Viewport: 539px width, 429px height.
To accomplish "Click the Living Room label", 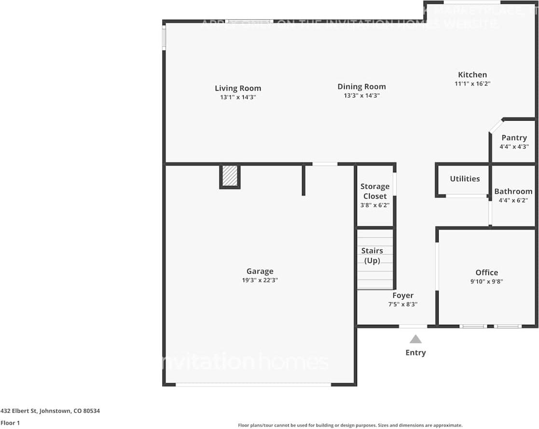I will pos(238,88).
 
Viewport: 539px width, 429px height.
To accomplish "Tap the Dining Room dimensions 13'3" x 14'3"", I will pos(361,96).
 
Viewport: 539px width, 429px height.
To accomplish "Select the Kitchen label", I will pos(472,75).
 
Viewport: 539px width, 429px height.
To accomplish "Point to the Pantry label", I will pos(514,138).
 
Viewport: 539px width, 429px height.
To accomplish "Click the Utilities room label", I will pos(465,179).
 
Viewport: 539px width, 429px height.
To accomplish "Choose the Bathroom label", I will pos(513,192).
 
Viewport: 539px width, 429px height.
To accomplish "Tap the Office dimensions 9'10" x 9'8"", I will pos(486,281).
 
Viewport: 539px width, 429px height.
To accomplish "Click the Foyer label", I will pos(403,295).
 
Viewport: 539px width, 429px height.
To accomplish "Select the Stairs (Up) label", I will pos(372,256).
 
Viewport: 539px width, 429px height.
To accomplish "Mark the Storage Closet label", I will pos(375,192).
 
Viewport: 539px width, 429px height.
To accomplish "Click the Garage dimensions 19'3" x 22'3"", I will pos(260,280).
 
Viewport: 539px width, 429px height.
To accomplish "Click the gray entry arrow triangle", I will pos(415,339).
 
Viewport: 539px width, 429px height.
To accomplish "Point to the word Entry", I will pos(415,353).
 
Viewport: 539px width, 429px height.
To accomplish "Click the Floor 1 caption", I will pos(10,423).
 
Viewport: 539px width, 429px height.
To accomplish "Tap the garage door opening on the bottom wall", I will pos(253,385).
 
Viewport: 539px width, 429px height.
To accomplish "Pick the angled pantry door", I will pos(496,125).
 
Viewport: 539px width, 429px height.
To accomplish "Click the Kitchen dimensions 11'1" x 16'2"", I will pos(472,83).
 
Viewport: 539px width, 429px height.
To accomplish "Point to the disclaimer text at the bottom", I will pos(350,425).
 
